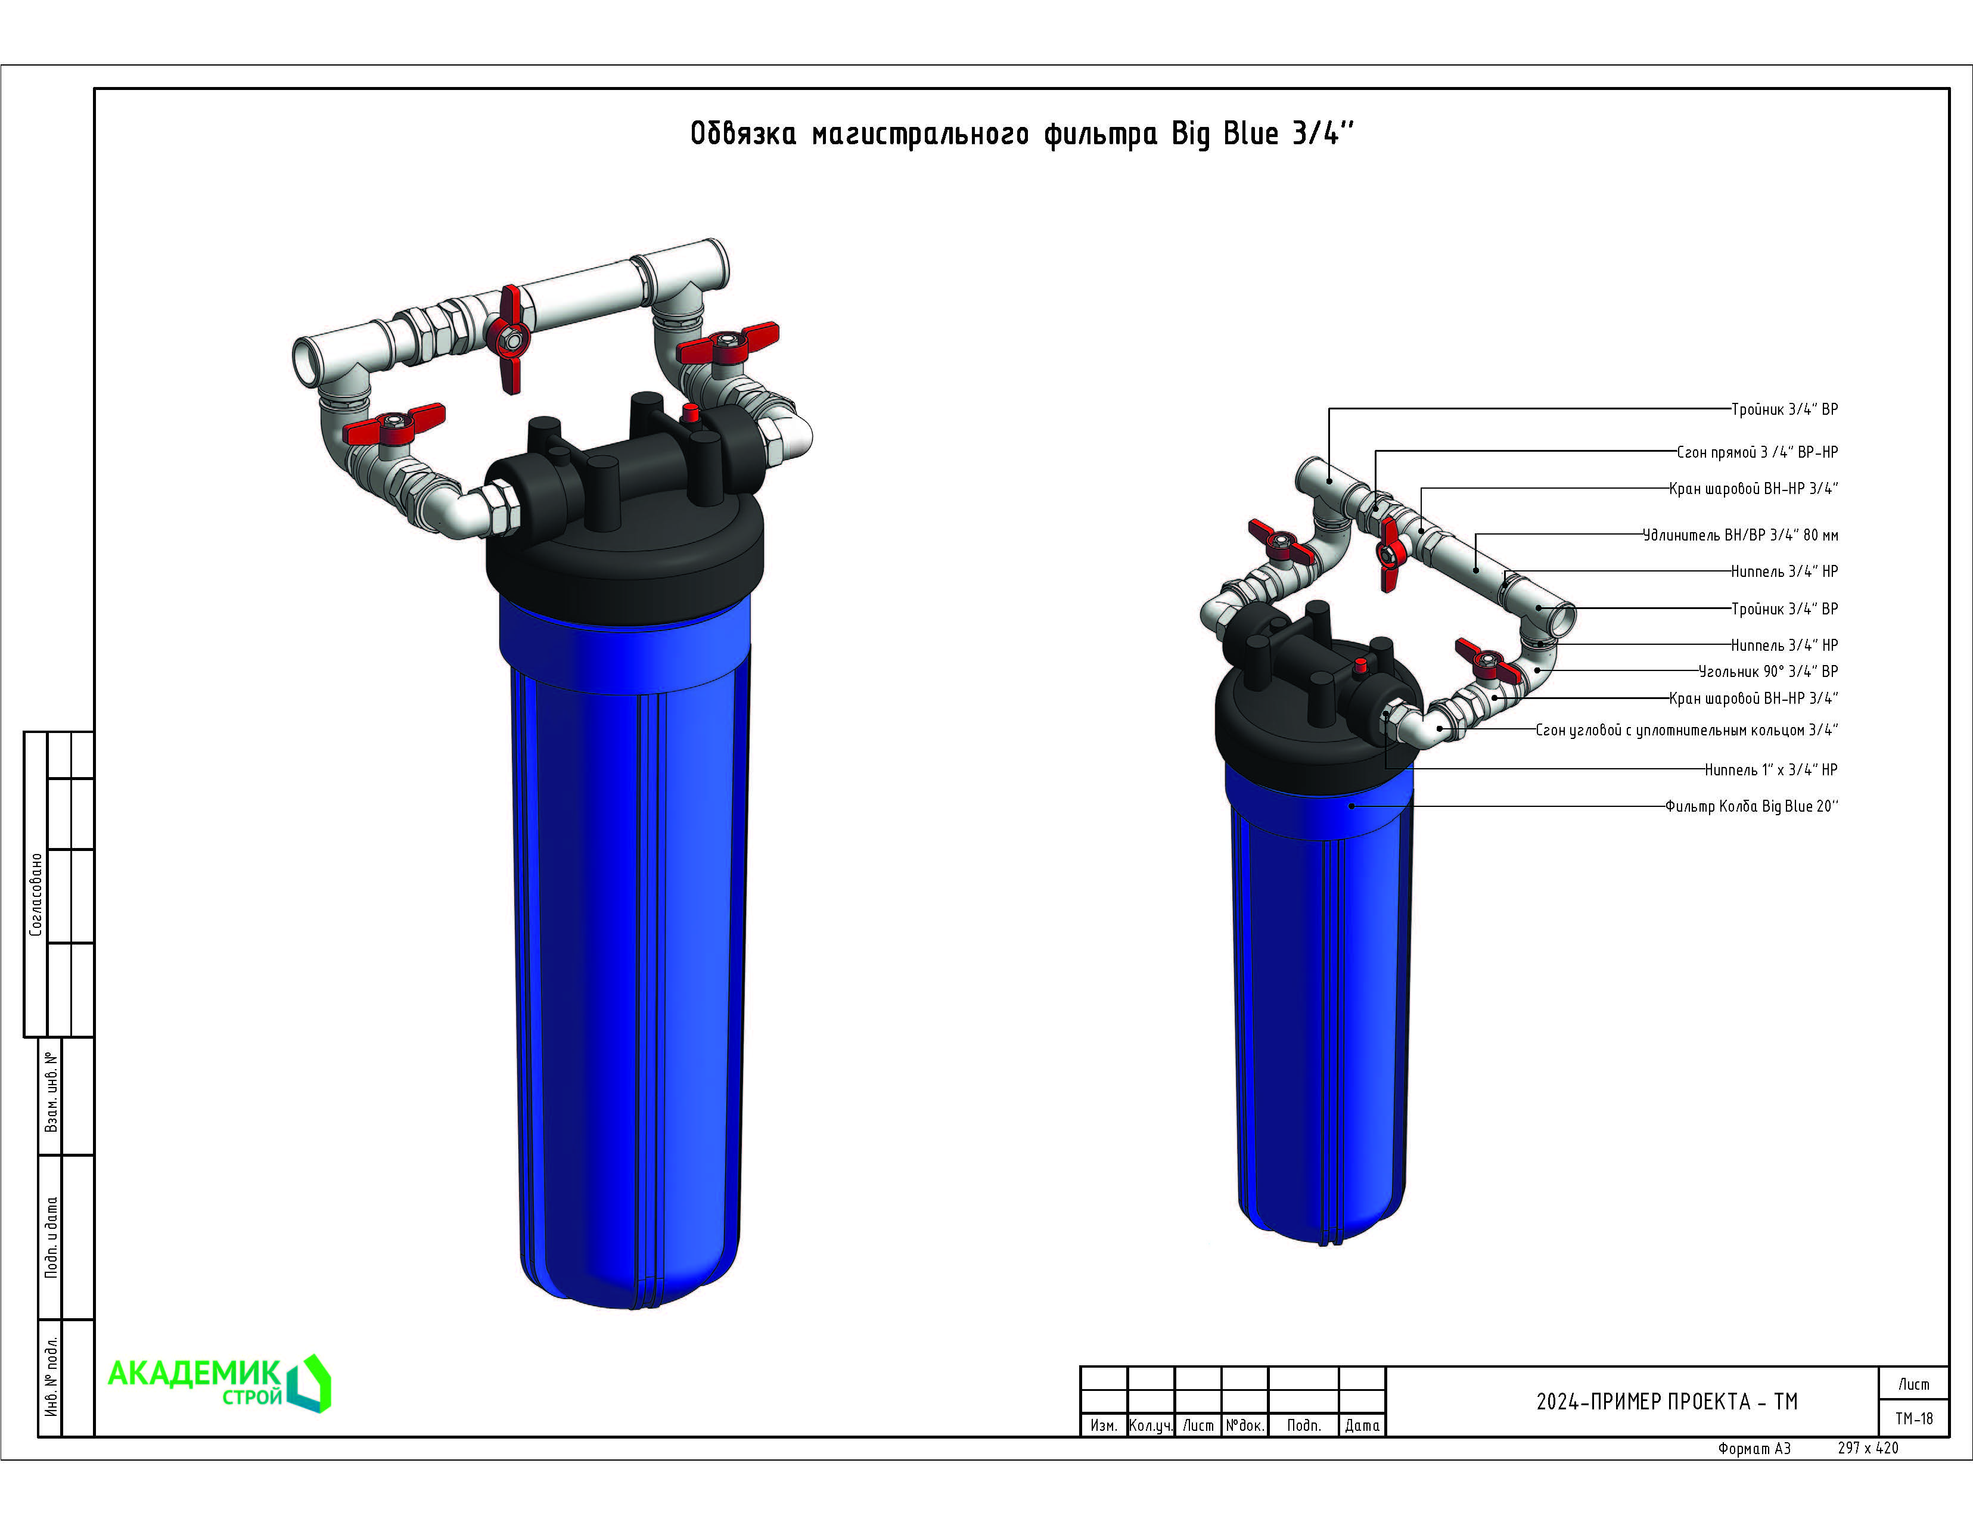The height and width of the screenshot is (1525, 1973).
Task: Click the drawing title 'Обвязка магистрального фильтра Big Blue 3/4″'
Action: tap(1023, 133)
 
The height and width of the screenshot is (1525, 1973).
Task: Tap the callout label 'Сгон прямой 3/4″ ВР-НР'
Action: tap(1757, 452)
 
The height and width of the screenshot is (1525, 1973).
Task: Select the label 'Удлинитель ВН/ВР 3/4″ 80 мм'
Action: tap(1741, 535)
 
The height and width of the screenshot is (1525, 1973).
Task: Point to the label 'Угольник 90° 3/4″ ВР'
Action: tap(1768, 671)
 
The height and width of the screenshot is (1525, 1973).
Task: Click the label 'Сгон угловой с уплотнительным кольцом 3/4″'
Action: tap(1686, 730)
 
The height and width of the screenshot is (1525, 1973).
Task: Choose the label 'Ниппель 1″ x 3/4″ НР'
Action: tap(1770, 770)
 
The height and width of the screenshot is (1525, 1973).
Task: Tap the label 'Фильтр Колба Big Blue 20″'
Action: tap(1752, 806)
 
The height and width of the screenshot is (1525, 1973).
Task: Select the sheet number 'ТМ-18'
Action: tap(1914, 1418)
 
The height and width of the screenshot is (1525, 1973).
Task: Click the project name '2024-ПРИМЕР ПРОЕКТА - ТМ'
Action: tap(1667, 1401)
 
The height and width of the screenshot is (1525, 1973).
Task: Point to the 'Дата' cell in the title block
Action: tap(1362, 1425)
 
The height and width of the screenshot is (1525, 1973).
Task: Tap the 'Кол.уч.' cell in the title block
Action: tap(1151, 1425)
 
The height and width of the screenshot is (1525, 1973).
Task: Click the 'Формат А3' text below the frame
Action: tap(1754, 1448)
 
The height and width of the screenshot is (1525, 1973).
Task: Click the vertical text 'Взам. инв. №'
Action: tap(51, 1092)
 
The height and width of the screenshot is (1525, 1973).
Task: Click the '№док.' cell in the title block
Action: tap(1245, 1425)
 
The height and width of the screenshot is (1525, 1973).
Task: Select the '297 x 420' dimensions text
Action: tap(1868, 1448)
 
